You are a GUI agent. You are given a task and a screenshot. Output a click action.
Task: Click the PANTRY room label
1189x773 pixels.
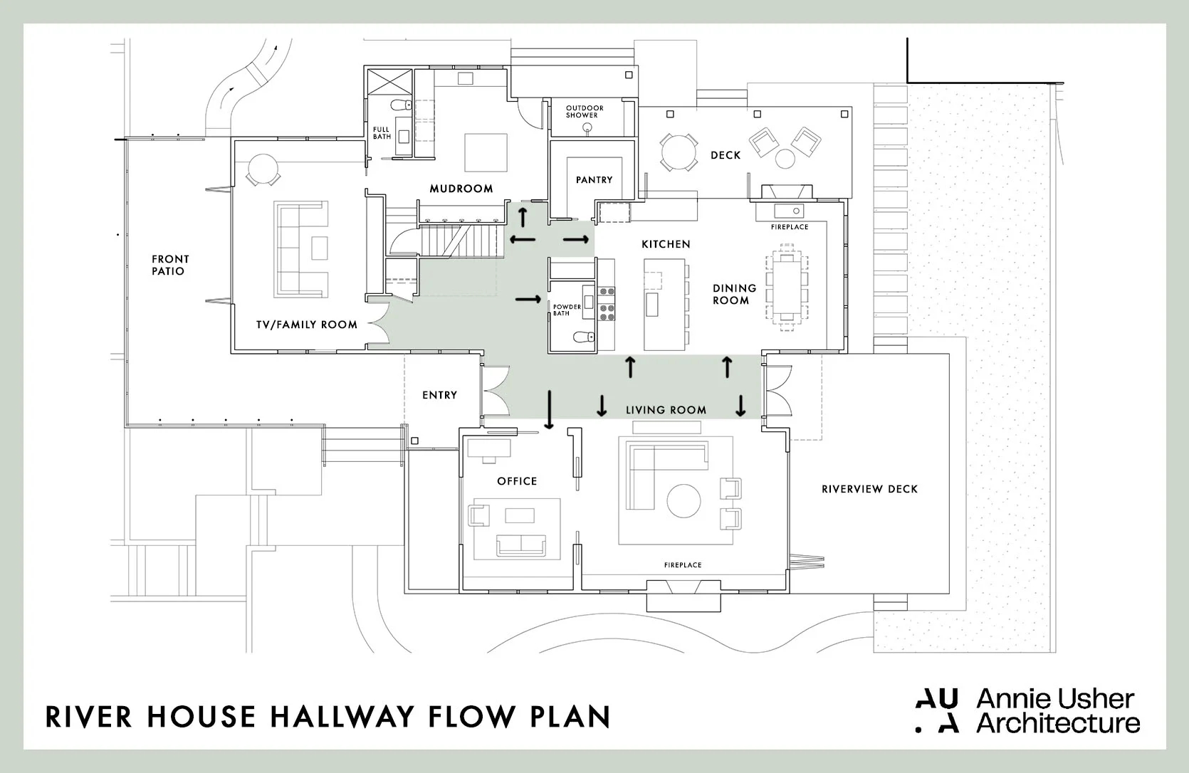point(594,180)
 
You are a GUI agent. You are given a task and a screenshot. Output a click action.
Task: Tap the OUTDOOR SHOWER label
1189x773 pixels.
point(585,112)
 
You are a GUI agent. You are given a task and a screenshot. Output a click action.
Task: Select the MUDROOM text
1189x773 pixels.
point(461,189)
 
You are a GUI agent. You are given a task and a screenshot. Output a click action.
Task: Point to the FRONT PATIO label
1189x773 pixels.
point(170,265)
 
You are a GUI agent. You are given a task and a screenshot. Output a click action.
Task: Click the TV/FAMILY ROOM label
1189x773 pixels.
point(307,325)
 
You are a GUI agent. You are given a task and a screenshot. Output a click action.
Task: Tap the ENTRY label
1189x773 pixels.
point(439,395)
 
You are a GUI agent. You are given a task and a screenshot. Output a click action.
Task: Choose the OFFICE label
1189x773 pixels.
point(517,481)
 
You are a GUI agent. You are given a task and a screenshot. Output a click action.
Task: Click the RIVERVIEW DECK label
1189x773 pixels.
point(869,489)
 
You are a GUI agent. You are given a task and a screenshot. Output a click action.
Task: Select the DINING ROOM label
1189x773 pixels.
point(734,294)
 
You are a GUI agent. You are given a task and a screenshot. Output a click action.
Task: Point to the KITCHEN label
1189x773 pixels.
point(666,244)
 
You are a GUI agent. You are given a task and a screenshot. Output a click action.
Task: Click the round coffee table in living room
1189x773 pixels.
point(683,501)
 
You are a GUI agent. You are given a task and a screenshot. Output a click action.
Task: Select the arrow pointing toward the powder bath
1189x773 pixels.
point(528,300)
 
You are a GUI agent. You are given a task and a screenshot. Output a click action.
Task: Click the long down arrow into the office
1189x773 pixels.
point(549,409)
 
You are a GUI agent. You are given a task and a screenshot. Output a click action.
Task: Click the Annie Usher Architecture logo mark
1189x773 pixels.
point(937,710)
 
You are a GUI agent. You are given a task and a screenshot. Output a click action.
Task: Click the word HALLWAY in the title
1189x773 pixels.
point(348,717)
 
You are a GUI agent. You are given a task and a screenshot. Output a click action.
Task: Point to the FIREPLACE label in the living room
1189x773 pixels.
point(682,565)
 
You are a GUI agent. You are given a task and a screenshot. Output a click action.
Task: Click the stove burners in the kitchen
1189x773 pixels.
point(607,301)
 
